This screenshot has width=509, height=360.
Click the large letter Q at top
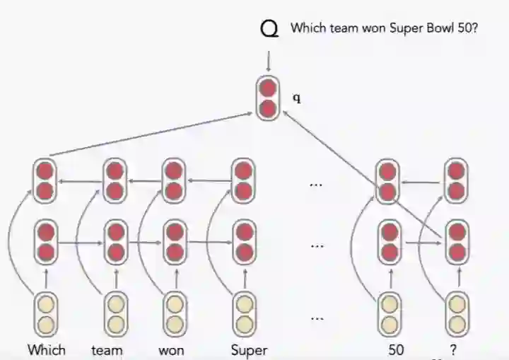(x=269, y=29)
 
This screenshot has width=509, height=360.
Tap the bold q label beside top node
(x=297, y=98)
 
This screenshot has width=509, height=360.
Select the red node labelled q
(x=268, y=99)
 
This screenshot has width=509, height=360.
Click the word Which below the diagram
(x=47, y=349)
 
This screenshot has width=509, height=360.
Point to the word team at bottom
(x=107, y=349)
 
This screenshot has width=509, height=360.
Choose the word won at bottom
(x=172, y=349)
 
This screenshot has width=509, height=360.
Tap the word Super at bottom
(x=249, y=349)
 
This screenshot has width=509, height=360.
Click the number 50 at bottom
(x=397, y=349)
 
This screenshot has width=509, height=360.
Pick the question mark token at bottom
(x=452, y=349)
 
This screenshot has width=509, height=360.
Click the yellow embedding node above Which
(x=46, y=314)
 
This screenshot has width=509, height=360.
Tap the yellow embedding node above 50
(x=388, y=314)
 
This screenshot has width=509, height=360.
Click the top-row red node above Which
(x=46, y=180)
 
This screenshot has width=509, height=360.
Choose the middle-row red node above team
(x=115, y=241)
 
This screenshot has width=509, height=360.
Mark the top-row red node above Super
(x=244, y=180)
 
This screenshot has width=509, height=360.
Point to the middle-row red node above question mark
(x=457, y=241)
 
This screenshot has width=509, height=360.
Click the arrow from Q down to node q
(x=268, y=62)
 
